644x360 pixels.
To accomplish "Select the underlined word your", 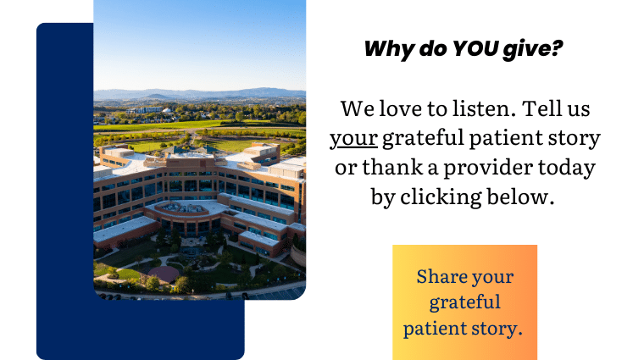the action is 353,139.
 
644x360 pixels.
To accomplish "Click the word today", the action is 567,169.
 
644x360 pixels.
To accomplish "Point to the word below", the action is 520,197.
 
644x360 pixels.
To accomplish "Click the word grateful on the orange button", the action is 465,303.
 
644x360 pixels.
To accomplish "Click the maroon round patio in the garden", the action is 163,274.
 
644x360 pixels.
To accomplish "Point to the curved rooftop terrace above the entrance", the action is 187,208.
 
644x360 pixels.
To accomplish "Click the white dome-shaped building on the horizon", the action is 166,110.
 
